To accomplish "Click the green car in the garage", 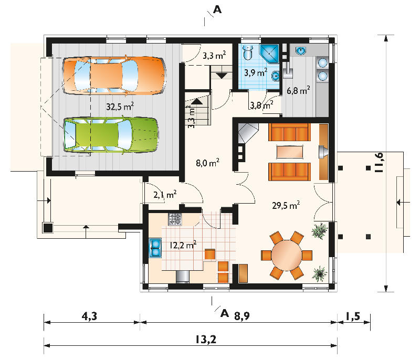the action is pos(111,135).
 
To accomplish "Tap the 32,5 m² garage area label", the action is pos(120,107).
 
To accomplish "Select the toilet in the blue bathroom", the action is pos(248,52).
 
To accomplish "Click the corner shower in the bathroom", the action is pos(270,53).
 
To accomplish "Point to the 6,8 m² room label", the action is pos(298,90).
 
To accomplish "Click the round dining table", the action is pos(287,256).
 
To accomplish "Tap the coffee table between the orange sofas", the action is pos(290,152).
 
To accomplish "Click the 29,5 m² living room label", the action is pos(286,205).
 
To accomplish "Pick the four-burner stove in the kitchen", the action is pos(175,219).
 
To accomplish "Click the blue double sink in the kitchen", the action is pos(155,248).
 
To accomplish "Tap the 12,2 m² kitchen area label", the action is pos(183,245).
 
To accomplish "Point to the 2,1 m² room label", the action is pos(165,194).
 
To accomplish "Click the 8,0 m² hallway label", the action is pos(207,163).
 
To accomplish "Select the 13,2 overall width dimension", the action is pos(205,340).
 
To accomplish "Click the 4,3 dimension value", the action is pos(89,316).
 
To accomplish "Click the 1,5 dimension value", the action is pos(353,316).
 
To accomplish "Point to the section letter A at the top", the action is pos(217,9).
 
